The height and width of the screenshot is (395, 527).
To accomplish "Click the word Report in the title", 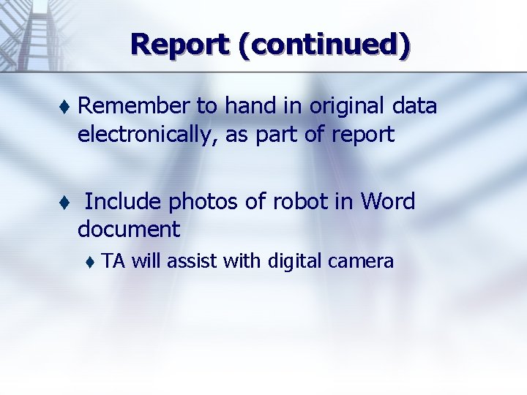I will coord(179,45).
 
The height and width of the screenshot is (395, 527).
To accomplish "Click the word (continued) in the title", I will coord(323,45).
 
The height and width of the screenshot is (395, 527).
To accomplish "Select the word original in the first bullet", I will coord(350,107).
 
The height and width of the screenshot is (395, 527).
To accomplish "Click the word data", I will coord(415,107).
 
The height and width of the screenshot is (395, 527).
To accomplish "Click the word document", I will coord(129,229).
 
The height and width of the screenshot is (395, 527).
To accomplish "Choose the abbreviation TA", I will coord(114,261).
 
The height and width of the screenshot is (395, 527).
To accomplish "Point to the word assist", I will coord(193,261).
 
